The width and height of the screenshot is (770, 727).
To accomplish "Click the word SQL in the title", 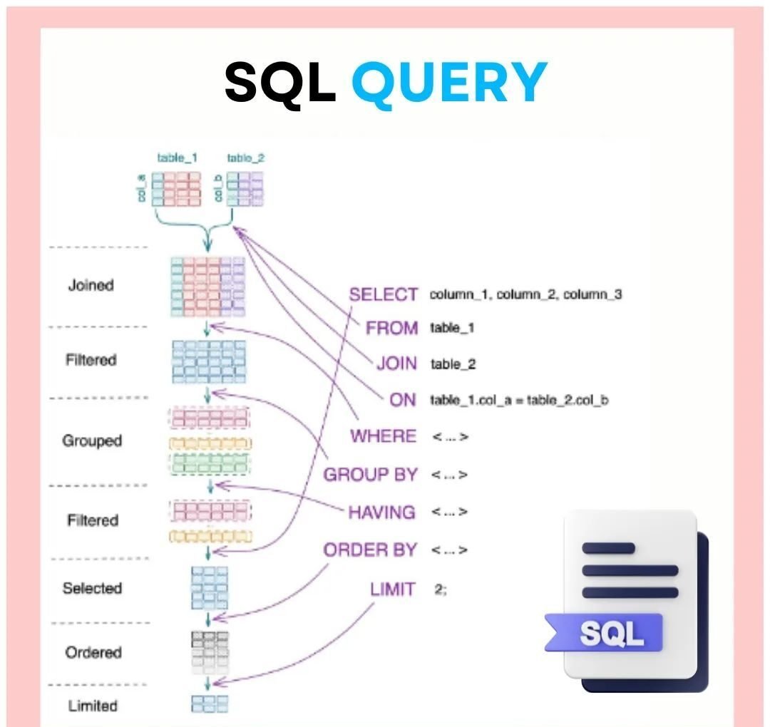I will click(280, 82).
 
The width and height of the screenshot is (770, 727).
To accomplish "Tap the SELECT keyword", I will click(383, 294).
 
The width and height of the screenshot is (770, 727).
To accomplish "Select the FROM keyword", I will click(391, 328).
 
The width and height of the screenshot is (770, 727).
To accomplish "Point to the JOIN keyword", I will click(396, 363).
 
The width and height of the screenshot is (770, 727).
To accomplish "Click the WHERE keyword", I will click(383, 436).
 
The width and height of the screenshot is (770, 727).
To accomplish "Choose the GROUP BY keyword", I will click(370, 475).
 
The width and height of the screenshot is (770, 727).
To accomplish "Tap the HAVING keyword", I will click(381, 512).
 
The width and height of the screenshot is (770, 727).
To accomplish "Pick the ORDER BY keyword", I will click(369, 550).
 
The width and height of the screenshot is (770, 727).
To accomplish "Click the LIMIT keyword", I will click(392, 589).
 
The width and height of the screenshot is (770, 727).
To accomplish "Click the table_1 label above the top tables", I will click(177, 158).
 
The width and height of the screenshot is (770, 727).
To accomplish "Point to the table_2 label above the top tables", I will click(245, 158).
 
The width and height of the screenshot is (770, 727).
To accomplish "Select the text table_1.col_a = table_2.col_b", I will click(518, 400).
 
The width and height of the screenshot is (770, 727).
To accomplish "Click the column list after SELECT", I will click(525, 294).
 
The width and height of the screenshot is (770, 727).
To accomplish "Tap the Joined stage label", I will click(91, 285).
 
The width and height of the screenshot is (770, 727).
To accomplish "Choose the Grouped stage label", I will click(92, 440).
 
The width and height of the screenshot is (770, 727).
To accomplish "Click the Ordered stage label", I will click(93, 652).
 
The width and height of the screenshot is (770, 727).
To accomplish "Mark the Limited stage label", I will click(93, 706).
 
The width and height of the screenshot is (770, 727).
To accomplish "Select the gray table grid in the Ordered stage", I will click(210, 651).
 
